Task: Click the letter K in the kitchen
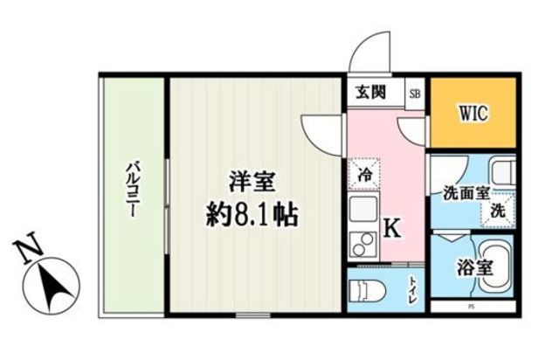pos(392,228)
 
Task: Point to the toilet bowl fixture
pos(367,287)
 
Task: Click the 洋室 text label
pos(252,183)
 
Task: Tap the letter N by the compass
pos(27,251)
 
